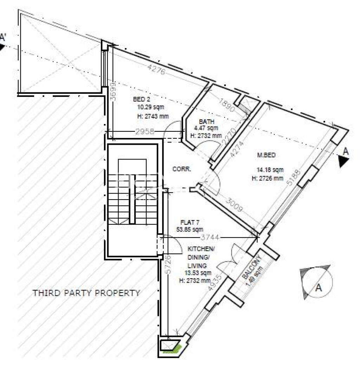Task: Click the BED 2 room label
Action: (140, 99)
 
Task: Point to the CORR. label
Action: (182, 169)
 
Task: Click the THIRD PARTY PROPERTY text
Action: (86, 293)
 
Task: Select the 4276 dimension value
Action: (156, 71)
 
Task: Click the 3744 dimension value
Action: (210, 237)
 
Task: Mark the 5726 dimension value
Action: (168, 265)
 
